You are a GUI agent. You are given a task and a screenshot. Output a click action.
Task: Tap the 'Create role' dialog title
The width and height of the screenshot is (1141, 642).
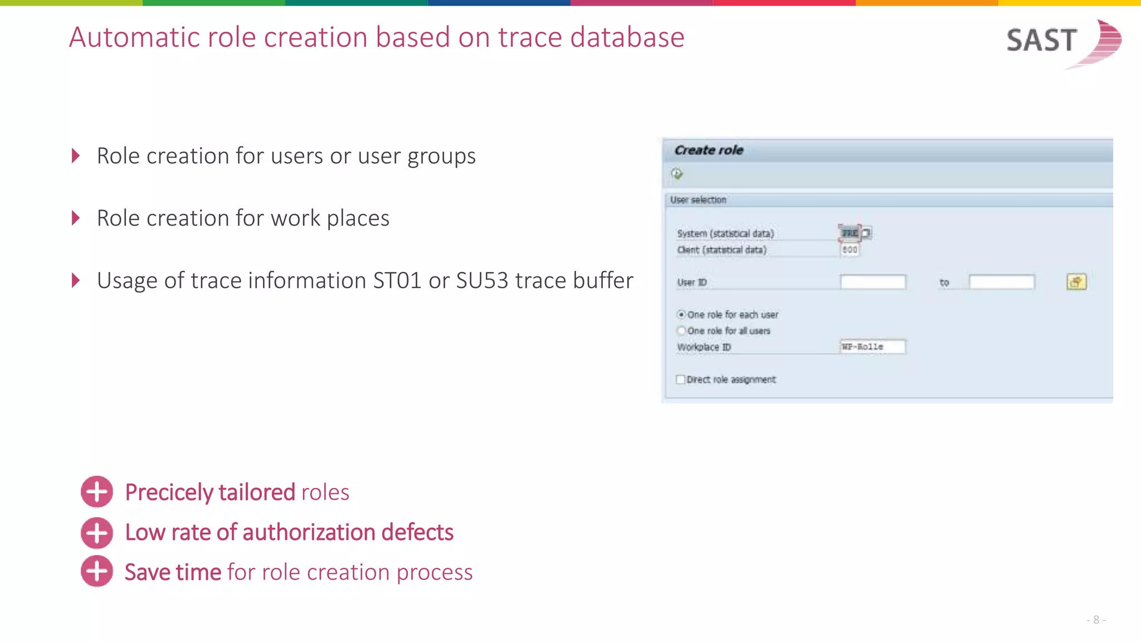click(x=709, y=150)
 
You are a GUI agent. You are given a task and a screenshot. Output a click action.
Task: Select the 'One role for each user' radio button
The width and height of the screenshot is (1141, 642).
click(x=681, y=314)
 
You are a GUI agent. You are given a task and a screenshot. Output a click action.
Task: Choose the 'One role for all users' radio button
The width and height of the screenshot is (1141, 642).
click(x=681, y=330)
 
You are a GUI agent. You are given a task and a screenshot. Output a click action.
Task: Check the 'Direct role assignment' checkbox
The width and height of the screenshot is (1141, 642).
click(x=680, y=380)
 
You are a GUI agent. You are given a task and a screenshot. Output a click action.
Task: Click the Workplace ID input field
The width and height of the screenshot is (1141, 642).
click(x=872, y=347)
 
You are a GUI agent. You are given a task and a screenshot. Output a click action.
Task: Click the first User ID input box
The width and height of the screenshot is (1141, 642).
click(x=872, y=282)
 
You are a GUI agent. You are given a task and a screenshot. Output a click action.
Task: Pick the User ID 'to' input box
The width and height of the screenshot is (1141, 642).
click(x=1001, y=282)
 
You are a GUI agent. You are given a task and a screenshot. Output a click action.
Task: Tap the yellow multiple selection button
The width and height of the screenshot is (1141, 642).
click(x=1076, y=282)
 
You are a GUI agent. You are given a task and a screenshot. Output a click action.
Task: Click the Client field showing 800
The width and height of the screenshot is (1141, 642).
click(x=850, y=250)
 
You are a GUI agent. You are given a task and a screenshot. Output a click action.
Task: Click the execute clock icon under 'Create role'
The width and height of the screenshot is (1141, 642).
click(x=677, y=174)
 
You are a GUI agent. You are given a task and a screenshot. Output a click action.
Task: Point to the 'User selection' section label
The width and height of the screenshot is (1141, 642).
click(x=698, y=200)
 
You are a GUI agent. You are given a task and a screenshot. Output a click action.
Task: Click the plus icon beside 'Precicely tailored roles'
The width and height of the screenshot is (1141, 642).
click(x=97, y=492)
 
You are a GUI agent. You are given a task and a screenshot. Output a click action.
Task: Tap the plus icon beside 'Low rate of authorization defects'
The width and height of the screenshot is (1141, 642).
click(x=97, y=532)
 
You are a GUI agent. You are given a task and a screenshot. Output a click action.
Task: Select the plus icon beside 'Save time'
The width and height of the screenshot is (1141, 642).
click(x=97, y=571)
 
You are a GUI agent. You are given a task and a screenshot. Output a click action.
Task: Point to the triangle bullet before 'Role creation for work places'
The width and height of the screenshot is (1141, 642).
click(x=76, y=218)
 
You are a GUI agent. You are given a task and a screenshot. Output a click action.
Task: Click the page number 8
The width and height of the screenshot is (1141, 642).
click(x=1096, y=620)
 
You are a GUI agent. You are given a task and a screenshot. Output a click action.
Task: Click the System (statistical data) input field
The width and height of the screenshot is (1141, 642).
click(x=850, y=233)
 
